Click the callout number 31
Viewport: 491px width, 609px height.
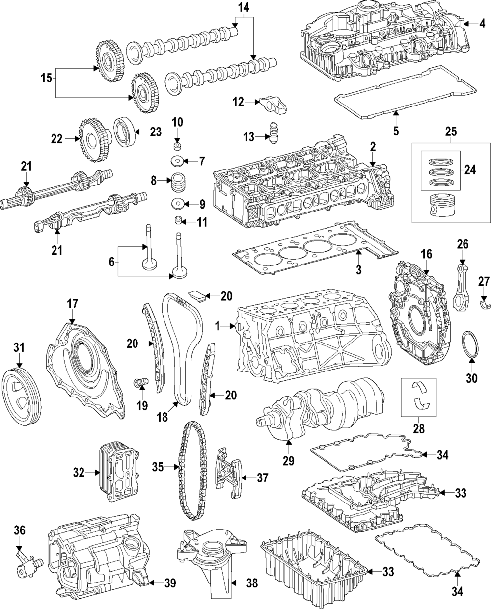pyautogui.click(x=19, y=347)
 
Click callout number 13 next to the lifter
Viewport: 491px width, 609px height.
pyautogui.click(x=248, y=137)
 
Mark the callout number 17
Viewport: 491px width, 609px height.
pyautogui.click(x=72, y=305)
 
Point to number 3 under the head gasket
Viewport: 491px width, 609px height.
pyautogui.click(x=358, y=269)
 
